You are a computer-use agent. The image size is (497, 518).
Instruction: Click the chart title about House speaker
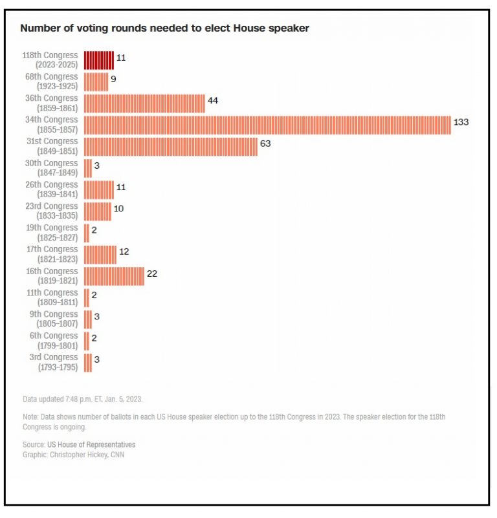165,28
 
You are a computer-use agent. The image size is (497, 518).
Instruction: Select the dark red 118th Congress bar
99,60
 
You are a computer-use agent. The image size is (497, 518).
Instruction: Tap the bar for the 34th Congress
267,125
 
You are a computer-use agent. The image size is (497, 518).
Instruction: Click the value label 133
461,122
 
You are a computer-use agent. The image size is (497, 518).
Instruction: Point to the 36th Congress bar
144,103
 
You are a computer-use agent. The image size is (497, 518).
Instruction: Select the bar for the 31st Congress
171,146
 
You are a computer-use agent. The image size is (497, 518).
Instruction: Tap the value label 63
265,144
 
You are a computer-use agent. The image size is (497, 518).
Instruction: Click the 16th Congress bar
114,276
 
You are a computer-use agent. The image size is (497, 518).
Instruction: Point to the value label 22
152,274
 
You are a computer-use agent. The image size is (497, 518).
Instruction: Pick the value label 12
124,252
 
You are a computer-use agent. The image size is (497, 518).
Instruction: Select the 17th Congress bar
100,254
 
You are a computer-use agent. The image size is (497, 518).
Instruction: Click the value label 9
113,79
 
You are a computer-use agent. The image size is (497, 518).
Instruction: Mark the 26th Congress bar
99,189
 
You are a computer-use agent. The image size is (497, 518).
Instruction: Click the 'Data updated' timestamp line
82,399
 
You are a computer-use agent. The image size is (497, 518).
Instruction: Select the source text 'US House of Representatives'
91,445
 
